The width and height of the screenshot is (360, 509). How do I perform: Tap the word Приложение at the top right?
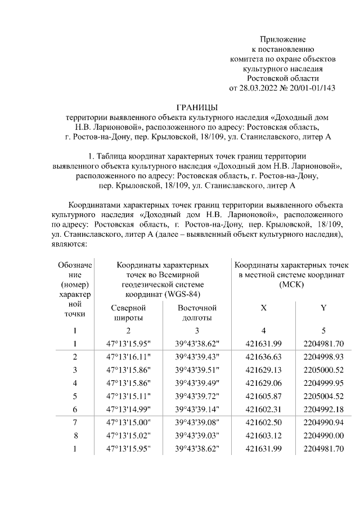[x=282, y=39]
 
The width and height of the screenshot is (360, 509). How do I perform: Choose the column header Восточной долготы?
[x=197, y=313]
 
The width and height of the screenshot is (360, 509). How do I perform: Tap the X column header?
[x=263, y=308]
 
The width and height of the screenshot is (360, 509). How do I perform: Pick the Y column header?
[x=323, y=308]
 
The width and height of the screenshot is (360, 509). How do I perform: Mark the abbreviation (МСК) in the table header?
[x=291, y=285]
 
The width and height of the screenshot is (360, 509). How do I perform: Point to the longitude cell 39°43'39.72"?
[x=197, y=396]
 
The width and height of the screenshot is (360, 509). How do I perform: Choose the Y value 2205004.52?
[x=323, y=396]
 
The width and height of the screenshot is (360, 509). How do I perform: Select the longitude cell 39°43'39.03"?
[x=197, y=435]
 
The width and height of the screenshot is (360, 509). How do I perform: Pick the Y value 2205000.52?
[x=323, y=370]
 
